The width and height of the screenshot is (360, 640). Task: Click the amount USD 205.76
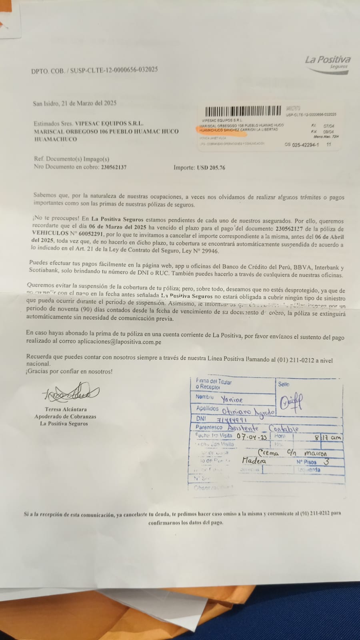tap(210, 168)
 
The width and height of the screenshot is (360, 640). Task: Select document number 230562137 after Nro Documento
tap(114, 167)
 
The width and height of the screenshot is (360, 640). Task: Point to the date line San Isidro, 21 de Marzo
tap(75, 103)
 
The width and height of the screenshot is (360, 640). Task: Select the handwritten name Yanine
tap(232, 399)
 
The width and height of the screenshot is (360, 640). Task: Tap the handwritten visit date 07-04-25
tap(252, 436)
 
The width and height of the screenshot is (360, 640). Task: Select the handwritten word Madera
tap(254, 461)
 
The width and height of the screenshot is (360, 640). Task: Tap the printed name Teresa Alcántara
tap(66, 409)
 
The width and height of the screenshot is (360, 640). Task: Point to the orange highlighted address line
tap(238, 130)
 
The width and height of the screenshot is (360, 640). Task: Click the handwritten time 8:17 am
tap(328, 437)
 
